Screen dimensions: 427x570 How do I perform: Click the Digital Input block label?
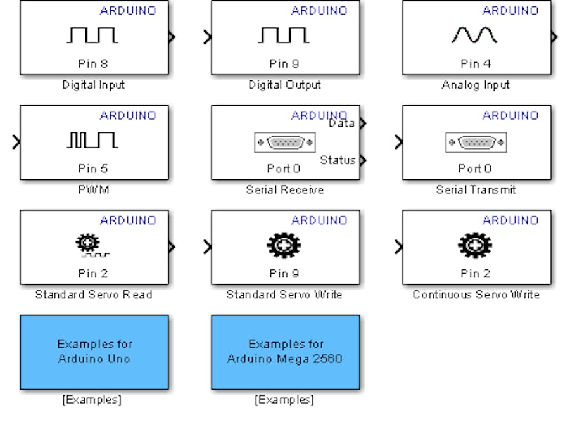coord(94,85)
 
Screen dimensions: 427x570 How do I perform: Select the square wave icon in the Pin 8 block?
coord(92,36)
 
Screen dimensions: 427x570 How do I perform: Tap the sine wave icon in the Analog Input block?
coord(475,36)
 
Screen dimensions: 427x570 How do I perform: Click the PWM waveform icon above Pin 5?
coord(92,140)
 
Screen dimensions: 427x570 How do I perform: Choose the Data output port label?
coord(342,124)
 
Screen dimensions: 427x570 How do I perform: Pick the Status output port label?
coord(338,160)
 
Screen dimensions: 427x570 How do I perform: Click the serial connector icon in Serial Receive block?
coord(284,142)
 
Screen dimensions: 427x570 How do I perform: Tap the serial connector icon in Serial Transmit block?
coord(476,142)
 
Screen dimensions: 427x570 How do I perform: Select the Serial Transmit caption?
coord(476,189)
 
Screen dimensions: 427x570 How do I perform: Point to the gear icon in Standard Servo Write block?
coord(284,245)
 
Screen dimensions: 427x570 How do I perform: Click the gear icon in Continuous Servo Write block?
coord(475,245)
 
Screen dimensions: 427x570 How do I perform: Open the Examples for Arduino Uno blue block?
coord(94,352)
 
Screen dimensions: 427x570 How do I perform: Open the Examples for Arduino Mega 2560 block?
coord(286,352)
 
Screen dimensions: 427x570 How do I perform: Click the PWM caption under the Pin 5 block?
coord(93,189)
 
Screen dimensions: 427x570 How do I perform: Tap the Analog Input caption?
coord(476,85)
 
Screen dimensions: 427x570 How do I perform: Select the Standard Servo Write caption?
coord(284,295)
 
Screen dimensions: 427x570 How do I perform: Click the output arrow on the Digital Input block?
coord(172,37)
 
